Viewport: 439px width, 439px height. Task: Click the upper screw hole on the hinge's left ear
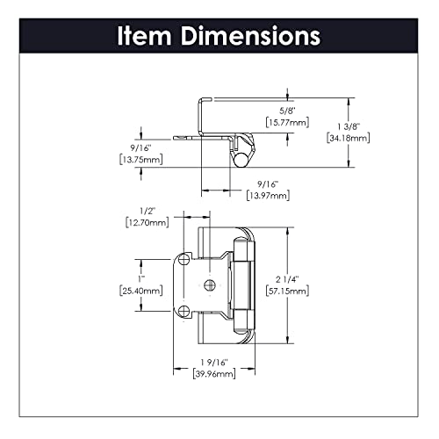184,261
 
